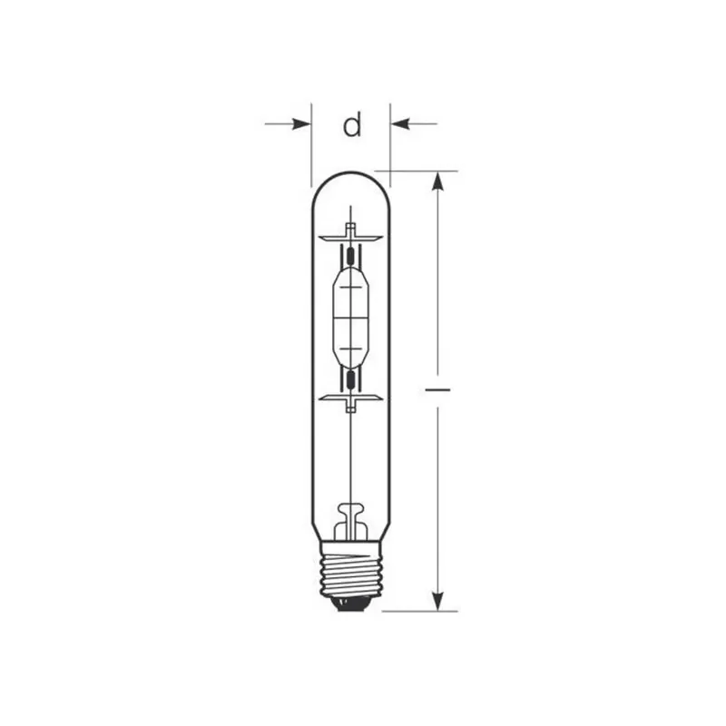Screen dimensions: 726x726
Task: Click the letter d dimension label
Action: pos(352,125)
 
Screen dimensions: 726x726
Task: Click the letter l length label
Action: pos(437,390)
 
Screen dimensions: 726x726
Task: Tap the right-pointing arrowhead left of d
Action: pos(301,124)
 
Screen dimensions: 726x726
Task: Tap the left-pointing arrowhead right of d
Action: pos(400,124)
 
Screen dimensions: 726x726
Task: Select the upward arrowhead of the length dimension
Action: pos(437,181)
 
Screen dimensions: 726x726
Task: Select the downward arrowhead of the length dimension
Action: pos(437,602)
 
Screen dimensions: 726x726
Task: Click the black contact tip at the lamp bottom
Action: pos(352,603)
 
